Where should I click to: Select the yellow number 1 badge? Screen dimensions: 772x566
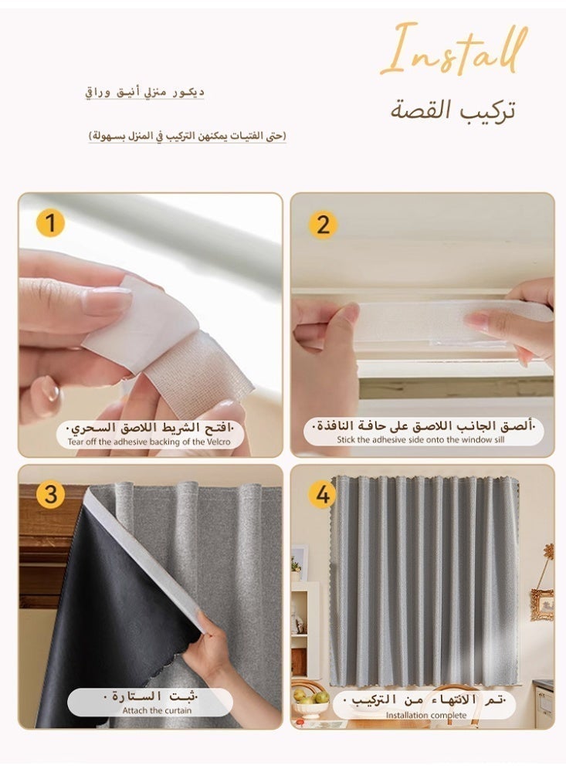tap(50, 224)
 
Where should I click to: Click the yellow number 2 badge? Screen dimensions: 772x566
tap(323, 225)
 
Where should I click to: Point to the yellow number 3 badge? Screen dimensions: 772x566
tap(50, 495)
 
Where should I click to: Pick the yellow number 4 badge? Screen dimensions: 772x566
tap(322, 495)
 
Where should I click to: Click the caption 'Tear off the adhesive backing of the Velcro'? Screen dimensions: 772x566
tap(150, 442)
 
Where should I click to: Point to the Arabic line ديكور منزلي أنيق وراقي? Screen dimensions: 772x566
tap(145, 93)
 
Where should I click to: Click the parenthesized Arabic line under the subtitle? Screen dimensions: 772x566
tap(187, 136)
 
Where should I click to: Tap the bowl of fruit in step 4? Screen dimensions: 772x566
tap(310, 701)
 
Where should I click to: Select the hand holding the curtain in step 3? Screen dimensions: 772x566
tap(208, 648)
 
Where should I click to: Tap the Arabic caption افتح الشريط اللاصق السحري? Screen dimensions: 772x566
tap(150, 428)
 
